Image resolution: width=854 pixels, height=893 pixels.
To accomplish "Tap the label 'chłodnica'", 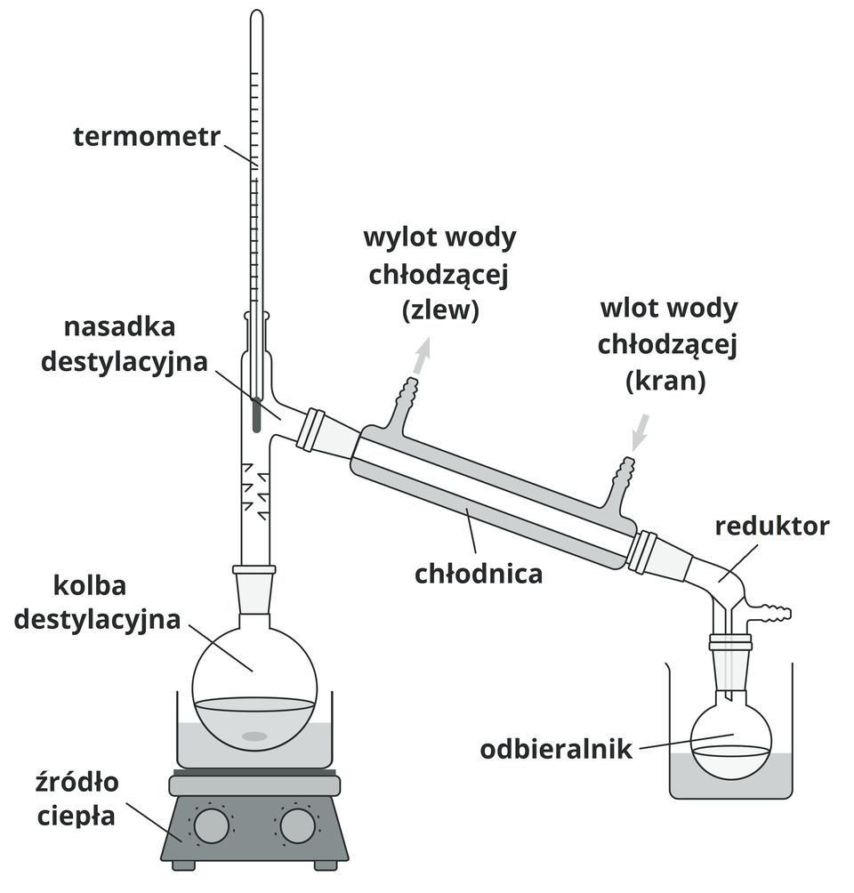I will (x=479, y=574).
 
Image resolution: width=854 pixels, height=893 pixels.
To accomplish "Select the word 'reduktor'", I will (x=772, y=526).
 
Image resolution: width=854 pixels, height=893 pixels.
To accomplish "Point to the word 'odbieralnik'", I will (x=556, y=750).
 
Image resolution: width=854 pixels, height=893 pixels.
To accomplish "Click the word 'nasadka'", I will (x=120, y=326).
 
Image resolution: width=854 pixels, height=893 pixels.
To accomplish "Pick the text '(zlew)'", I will (x=440, y=310).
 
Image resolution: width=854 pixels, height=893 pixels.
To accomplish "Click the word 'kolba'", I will (x=91, y=586).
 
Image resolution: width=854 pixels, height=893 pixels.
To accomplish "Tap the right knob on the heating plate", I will (x=298, y=826).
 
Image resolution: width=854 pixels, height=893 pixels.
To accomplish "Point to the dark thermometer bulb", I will (x=256, y=415).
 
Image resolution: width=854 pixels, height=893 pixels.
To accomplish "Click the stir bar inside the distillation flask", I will (x=254, y=736).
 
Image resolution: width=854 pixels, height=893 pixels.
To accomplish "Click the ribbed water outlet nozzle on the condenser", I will (x=407, y=392).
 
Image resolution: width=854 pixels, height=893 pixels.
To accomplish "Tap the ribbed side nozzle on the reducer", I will (x=774, y=612).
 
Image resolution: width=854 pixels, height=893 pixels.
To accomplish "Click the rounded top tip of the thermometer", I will (x=256, y=15).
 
